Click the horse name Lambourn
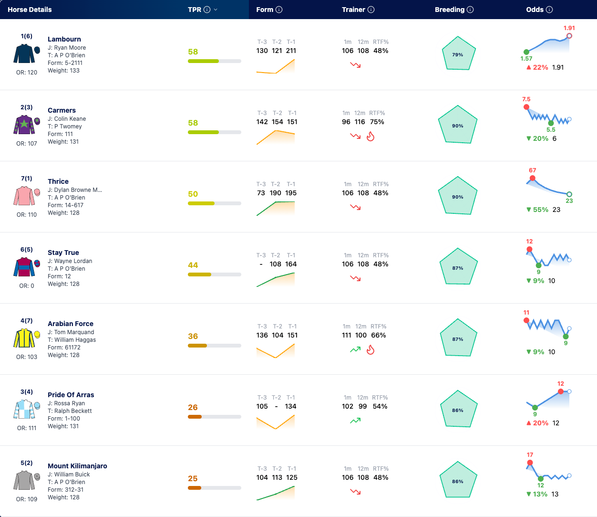pos(64,39)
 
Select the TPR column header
pos(195,10)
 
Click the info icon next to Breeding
pos(470,10)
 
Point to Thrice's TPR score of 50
pos(193,194)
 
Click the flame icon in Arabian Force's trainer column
pos(371,349)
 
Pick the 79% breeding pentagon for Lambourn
pos(458,53)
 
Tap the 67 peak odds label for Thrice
pos(532,170)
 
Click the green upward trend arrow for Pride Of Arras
pos(355,421)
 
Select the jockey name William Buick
pos(72,474)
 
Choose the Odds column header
pos(535,10)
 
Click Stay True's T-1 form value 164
pos(291,264)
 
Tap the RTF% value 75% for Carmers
pos(377,122)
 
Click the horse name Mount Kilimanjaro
pos(77,466)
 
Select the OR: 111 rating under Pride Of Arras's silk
pos(27,428)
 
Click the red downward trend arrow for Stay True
pos(355,278)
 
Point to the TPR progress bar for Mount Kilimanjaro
pos(214,488)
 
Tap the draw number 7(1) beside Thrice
pos(27,179)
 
